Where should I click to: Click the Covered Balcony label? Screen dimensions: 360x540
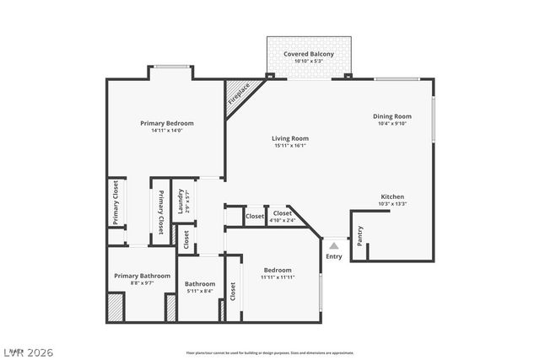308,54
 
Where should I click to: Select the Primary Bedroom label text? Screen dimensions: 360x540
166,123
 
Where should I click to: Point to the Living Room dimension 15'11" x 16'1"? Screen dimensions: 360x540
289,146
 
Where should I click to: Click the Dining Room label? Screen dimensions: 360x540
391,116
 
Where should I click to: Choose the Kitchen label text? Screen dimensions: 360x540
392,196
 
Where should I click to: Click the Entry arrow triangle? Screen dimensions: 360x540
334,246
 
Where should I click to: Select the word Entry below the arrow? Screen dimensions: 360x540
334,256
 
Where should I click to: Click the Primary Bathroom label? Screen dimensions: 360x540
143,276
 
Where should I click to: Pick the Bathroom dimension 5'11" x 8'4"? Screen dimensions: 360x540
200,292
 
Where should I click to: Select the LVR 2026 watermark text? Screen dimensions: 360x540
28,348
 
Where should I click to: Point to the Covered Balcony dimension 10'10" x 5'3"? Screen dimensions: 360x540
308,62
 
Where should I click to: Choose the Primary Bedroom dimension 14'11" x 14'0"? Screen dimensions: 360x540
166,131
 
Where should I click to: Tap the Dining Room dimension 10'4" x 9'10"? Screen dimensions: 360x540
391,124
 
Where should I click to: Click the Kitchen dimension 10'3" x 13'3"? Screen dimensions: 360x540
392,203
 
